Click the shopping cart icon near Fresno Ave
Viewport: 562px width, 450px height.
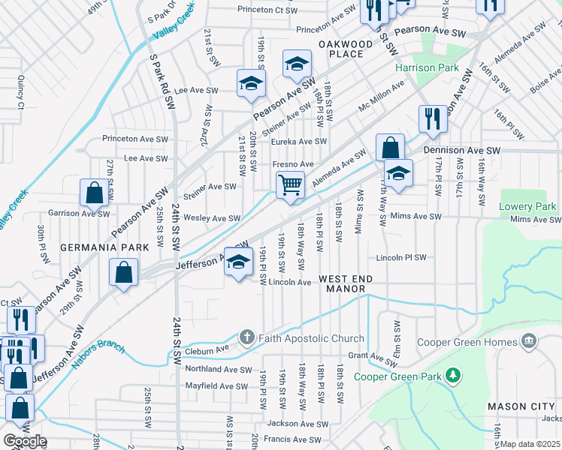[290, 184]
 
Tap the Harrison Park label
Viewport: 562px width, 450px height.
[427, 67]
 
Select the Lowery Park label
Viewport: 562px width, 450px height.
[527, 206]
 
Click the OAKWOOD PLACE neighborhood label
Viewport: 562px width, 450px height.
[345, 49]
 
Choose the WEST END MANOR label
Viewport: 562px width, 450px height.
[355, 278]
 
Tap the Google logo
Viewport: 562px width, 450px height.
[24, 441]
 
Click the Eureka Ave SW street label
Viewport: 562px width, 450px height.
[298, 141]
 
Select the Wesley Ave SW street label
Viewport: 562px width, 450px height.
[213, 218]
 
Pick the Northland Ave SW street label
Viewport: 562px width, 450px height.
[218, 369]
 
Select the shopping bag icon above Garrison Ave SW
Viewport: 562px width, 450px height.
[95, 193]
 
